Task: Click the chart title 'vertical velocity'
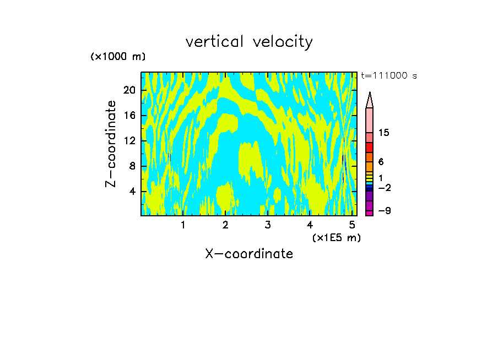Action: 249,42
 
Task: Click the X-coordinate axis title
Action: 249,254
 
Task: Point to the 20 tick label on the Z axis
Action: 129,90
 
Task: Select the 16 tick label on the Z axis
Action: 129,116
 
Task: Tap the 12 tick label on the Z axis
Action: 129,141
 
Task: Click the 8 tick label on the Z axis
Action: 132,166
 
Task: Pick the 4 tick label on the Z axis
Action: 132,192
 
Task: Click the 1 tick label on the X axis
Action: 183,225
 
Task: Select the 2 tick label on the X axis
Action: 225,225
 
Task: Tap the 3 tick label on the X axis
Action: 268,225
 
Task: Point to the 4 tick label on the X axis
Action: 310,225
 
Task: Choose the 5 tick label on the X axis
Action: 352,225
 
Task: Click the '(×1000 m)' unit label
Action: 118,57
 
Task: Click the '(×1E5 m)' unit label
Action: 336,237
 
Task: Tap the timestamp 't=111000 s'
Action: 388,75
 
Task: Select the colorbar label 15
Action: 385,133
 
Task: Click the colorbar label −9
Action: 385,211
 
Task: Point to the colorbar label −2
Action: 385,188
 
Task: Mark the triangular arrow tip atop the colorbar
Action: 370,100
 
